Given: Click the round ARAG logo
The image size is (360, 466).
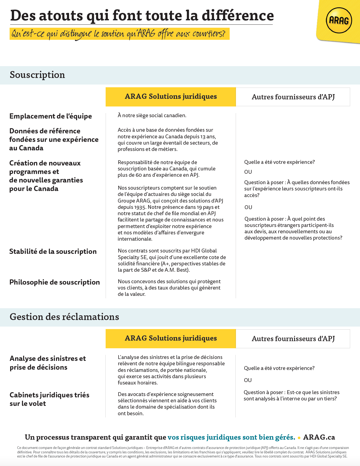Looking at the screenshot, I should click(x=339, y=21).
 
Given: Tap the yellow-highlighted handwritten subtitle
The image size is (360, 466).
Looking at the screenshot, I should click(x=119, y=34).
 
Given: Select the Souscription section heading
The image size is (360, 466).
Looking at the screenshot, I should click(x=37, y=75).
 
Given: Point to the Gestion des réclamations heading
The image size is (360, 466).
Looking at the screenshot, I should click(x=64, y=317).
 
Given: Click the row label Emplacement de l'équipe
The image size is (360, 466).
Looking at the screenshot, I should click(x=50, y=116).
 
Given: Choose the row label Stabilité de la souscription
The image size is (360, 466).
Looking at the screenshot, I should click(x=53, y=251).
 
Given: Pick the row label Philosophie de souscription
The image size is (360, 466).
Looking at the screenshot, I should click(x=55, y=282).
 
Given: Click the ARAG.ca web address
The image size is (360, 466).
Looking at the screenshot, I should click(x=319, y=437).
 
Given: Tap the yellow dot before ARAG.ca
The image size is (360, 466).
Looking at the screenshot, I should click(x=299, y=438).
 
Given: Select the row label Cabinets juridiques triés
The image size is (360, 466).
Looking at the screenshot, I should click(x=49, y=395).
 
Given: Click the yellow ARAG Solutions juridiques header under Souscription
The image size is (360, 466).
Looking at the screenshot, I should click(x=171, y=97).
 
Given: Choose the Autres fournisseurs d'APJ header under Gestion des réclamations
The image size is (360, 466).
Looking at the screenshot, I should click(x=293, y=339).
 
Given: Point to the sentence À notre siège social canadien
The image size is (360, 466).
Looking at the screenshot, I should click(x=152, y=115).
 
